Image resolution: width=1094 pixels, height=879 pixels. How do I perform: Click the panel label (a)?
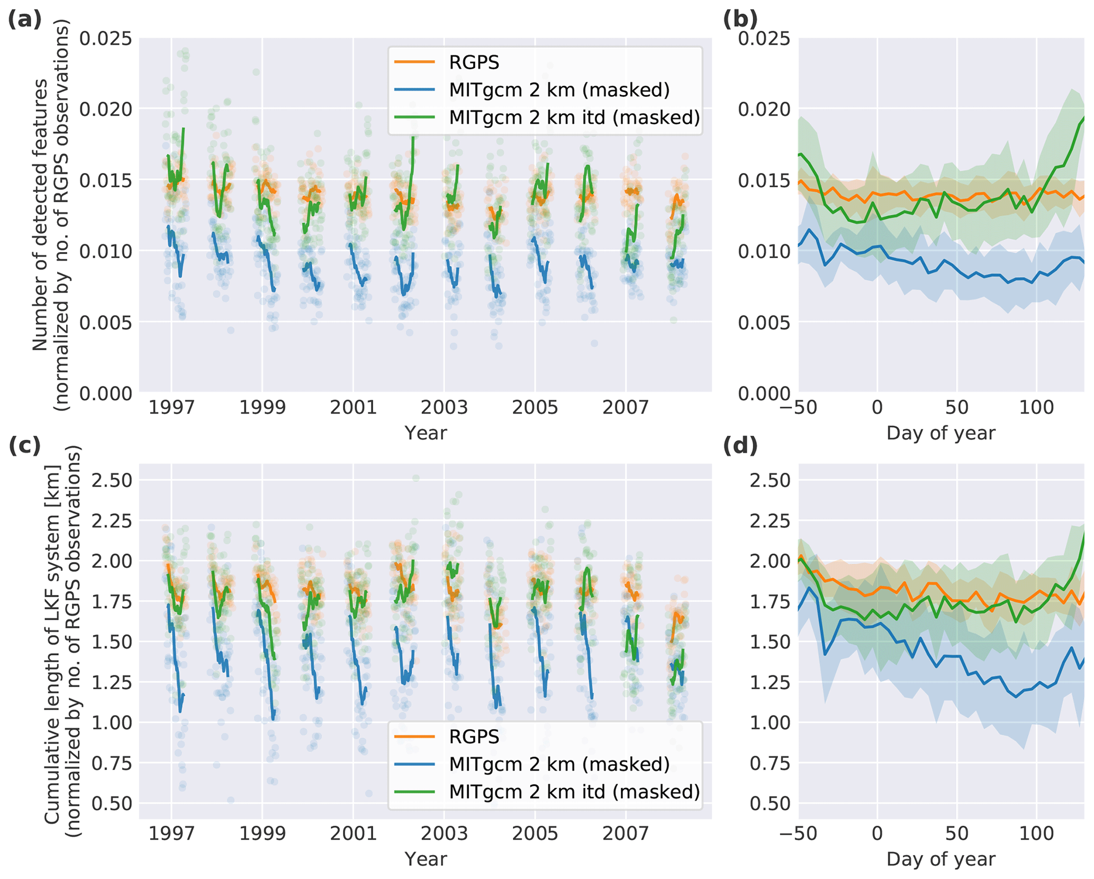click(24, 20)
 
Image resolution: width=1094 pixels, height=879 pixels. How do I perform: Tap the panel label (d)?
click(740, 446)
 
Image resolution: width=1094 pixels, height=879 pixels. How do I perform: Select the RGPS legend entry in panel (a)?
click(474, 62)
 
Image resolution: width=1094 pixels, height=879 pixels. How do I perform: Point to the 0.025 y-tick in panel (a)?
click(106, 38)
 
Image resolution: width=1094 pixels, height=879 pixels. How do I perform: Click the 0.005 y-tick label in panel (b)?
click(764, 322)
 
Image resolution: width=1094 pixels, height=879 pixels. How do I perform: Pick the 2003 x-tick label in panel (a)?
click(444, 408)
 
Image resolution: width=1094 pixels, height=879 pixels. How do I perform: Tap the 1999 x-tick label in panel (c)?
click(263, 834)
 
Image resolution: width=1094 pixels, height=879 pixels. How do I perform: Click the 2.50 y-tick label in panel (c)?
click(112, 480)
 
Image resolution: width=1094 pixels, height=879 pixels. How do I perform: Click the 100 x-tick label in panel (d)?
click(1036, 834)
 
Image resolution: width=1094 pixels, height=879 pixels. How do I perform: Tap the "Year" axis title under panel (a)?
click(426, 433)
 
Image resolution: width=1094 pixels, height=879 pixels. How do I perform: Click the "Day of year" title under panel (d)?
click(941, 859)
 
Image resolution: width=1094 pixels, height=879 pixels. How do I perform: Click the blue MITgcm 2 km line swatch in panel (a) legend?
click(414, 90)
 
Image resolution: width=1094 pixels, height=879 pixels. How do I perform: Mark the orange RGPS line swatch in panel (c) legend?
click(414, 737)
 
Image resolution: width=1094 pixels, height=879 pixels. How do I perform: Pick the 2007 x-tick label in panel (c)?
click(626, 834)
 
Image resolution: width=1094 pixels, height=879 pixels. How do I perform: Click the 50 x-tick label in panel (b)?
click(956, 408)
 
